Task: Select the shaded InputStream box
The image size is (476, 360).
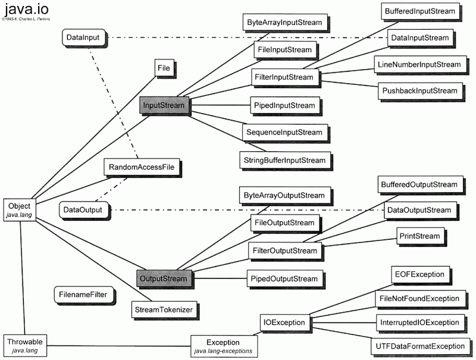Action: click(163, 105)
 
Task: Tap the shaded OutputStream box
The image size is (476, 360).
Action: click(162, 278)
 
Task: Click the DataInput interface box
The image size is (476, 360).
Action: click(83, 37)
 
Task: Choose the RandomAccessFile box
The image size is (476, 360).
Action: click(142, 167)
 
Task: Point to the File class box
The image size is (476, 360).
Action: click(164, 68)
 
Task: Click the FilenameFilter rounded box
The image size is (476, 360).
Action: click(83, 294)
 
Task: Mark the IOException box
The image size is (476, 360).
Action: click(284, 323)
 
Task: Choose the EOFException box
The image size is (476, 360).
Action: click(419, 274)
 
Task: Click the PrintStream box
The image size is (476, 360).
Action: click(420, 236)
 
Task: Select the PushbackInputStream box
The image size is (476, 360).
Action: click(419, 90)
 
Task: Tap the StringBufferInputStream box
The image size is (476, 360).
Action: click(284, 160)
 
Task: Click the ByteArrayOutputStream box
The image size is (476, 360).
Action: click(284, 195)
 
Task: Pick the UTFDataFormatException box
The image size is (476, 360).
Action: click(419, 346)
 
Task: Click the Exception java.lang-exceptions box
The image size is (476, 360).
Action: click(223, 346)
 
